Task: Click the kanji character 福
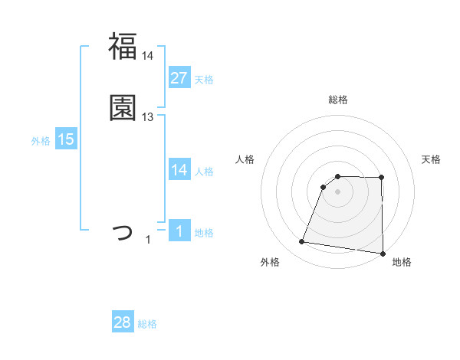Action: click(x=123, y=46)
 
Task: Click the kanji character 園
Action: click(x=123, y=107)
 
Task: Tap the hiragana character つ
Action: click(x=123, y=231)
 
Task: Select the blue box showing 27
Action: click(x=179, y=77)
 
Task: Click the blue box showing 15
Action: click(x=65, y=139)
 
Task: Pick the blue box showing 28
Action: click(x=123, y=322)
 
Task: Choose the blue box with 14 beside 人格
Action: click(x=179, y=170)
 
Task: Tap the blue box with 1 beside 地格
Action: click(x=179, y=231)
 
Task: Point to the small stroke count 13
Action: click(x=148, y=117)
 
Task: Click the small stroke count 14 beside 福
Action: click(x=148, y=55)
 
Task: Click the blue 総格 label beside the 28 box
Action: click(x=147, y=324)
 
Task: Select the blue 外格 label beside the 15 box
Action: click(x=41, y=141)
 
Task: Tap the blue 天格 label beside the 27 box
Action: click(x=204, y=80)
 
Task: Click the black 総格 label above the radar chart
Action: click(x=337, y=100)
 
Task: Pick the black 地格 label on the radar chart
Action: click(x=402, y=262)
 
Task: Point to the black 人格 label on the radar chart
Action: click(x=245, y=159)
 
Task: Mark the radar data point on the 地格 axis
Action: click(x=382, y=253)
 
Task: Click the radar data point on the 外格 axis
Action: click(x=301, y=242)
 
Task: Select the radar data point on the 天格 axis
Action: click(x=382, y=178)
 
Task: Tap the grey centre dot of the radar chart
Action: click(x=337, y=191)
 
